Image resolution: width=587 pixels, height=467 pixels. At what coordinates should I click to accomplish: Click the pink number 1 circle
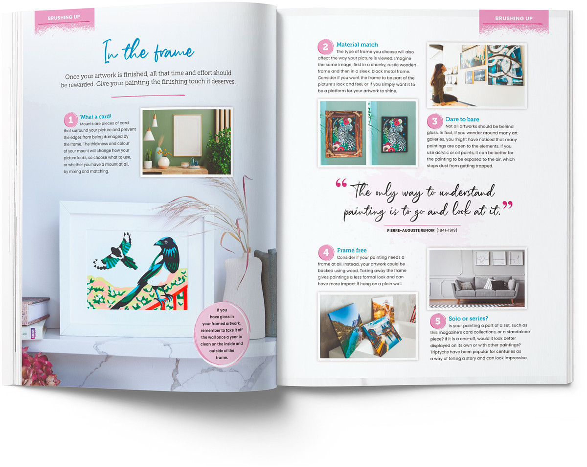point(70,120)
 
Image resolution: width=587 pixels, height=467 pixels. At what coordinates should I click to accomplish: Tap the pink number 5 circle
point(437,321)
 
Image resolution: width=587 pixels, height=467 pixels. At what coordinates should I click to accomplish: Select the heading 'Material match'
point(357,45)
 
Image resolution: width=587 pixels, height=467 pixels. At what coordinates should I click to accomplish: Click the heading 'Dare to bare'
point(462,119)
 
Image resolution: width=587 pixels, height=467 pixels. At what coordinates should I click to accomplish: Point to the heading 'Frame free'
point(352,250)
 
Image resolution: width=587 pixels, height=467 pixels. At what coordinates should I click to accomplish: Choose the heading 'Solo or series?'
point(468,319)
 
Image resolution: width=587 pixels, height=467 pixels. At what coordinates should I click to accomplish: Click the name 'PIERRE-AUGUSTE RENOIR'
point(410,230)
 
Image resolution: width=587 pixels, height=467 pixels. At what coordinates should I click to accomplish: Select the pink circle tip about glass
point(222,334)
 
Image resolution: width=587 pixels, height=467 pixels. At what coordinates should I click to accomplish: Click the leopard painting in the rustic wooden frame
point(343,133)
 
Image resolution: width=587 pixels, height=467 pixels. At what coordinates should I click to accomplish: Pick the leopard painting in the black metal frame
point(394,134)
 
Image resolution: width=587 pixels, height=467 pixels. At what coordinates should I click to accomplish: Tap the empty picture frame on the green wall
point(187,136)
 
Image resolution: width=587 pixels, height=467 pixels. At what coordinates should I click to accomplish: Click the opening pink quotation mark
point(341,183)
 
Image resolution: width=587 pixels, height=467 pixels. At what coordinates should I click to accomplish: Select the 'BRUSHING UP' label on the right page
point(514,18)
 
